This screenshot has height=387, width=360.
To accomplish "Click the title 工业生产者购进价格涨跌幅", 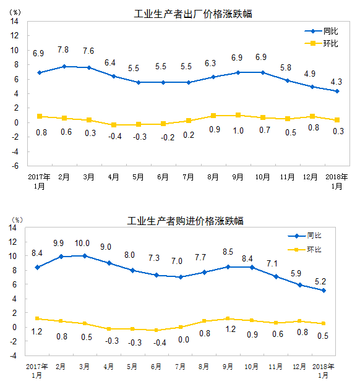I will coord(185,221).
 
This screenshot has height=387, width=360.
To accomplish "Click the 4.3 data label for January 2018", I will coord(336,81).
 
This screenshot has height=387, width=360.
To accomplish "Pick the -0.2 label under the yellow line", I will coord(163,137).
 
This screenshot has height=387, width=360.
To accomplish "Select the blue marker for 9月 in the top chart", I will coord(238,72).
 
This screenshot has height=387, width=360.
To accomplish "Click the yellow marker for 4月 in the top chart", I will coord(114,125).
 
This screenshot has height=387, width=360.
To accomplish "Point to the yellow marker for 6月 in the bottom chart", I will coord(156,330).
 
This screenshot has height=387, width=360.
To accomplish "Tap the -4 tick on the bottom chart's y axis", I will coord(12,356).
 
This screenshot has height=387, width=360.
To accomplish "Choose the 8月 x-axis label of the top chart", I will coord(213,177).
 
